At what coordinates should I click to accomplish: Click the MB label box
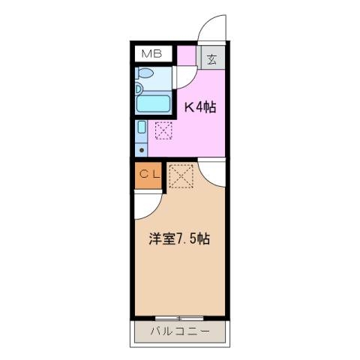152,54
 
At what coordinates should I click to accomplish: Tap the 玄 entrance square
211,58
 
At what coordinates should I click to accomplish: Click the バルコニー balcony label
179,331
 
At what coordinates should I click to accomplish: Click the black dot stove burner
142,149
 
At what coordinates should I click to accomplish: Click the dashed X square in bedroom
180,177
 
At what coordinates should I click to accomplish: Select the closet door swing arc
148,201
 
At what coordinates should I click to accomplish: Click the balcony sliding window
179,317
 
